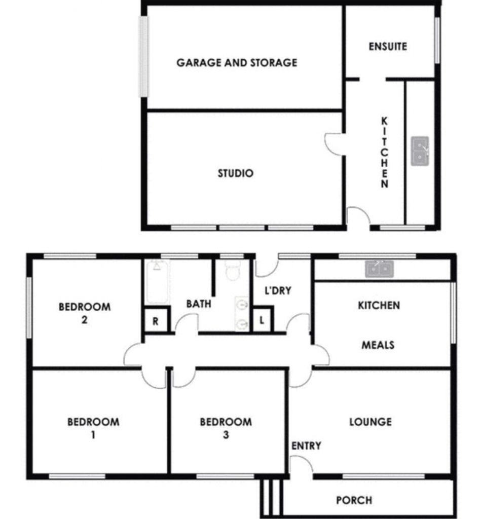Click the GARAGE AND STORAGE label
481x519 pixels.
click(x=237, y=62)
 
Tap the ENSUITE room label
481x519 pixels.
click(x=388, y=46)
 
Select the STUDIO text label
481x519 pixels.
click(x=236, y=173)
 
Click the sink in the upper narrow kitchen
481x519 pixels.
click(x=420, y=151)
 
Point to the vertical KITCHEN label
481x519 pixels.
click(x=384, y=152)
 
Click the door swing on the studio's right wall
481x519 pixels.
click(x=334, y=143)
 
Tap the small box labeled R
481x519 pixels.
click(x=155, y=320)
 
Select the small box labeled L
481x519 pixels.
click(x=262, y=320)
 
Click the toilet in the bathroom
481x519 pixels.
click(x=233, y=270)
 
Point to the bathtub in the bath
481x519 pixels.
click(x=157, y=282)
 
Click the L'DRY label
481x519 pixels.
click(x=278, y=290)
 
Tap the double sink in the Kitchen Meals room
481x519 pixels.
click(x=379, y=269)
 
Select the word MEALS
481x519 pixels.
click(x=378, y=345)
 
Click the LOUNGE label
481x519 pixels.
click(x=371, y=422)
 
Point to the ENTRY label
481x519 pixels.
click(x=306, y=446)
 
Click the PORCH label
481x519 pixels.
click(x=354, y=500)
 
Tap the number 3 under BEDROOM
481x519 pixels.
click(x=226, y=434)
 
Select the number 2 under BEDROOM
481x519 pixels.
click(x=85, y=320)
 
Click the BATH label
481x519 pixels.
click(x=199, y=304)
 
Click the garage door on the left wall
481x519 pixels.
click(x=143, y=56)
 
